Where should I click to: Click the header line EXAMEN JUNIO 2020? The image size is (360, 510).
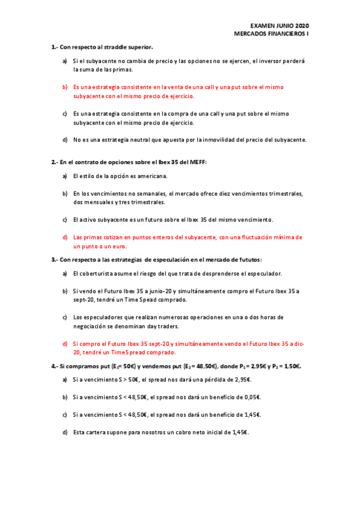[x=279, y=26]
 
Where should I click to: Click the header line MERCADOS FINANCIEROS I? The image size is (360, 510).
[x=272, y=34]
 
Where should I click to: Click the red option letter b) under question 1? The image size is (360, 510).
[x=65, y=87]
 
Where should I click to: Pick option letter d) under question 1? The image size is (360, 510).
[x=65, y=140]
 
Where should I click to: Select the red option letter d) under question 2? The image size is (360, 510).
[x=65, y=237]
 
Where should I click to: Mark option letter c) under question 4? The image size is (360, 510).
[x=65, y=414]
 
